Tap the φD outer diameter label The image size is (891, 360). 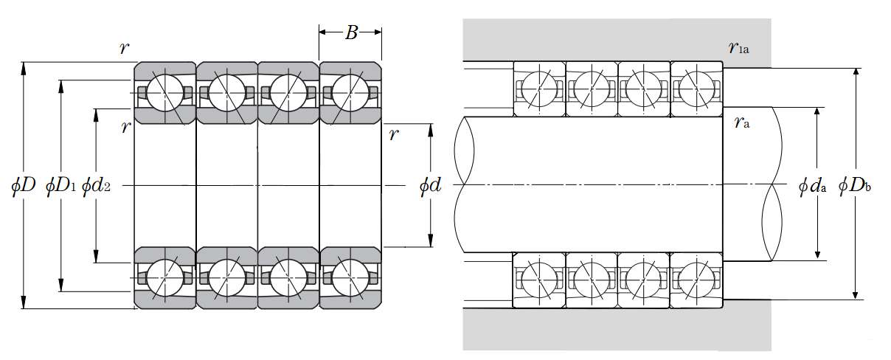[x=24, y=185]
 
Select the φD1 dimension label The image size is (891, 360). [x=60, y=185]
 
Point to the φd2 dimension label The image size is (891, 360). [x=97, y=185]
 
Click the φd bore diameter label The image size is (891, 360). [x=430, y=185]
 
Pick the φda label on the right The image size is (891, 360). [x=812, y=185]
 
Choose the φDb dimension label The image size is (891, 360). [x=856, y=185]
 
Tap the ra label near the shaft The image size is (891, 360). [x=742, y=123]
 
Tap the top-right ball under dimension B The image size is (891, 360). [x=350, y=92]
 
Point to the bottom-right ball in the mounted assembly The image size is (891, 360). [x=696, y=280]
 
